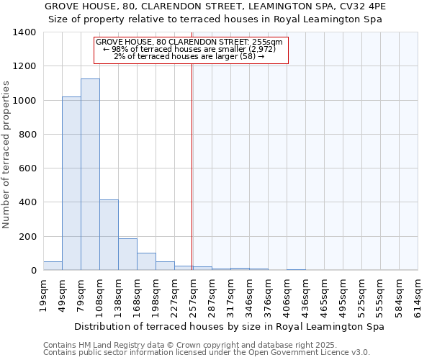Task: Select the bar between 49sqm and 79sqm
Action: point(71,184)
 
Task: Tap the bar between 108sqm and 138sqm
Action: point(109,235)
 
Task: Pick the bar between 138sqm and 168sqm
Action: point(127,254)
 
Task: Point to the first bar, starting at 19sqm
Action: point(53,266)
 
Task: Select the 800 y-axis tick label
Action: point(27,135)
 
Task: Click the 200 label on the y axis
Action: point(27,237)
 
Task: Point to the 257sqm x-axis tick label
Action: point(193,293)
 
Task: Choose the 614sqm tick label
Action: point(418,293)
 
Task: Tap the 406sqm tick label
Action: point(287,293)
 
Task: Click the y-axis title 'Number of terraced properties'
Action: point(7,155)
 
